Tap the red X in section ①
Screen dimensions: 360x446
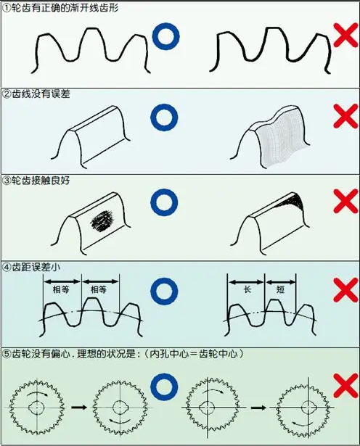(x=345, y=36)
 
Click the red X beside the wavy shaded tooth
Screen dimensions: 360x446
(x=345, y=116)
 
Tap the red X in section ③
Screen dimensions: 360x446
(x=345, y=201)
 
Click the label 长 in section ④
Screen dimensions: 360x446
(x=247, y=289)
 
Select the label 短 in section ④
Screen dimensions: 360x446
(x=280, y=289)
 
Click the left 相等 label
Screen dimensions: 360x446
(x=61, y=290)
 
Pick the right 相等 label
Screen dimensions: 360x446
(x=99, y=290)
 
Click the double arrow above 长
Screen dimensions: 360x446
(x=246, y=282)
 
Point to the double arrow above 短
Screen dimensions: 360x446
(x=281, y=282)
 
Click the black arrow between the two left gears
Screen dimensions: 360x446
(x=79, y=408)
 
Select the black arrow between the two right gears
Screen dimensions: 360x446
(x=258, y=408)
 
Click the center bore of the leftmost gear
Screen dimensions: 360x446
(x=37, y=408)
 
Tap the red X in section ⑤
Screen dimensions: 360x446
(x=345, y=385)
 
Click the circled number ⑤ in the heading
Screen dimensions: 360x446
(x=7, y=354)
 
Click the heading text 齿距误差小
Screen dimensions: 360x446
(x=36, y=268)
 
